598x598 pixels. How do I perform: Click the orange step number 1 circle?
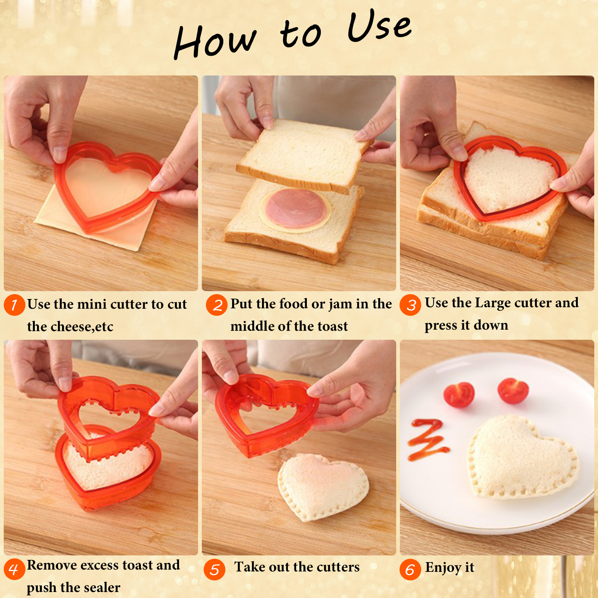15,305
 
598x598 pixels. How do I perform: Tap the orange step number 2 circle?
217,305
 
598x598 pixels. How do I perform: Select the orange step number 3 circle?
410,305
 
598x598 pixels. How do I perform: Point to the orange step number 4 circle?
15,569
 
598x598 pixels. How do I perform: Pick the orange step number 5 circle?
215,570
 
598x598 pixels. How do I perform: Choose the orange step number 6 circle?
410,570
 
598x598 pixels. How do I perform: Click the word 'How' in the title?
216,42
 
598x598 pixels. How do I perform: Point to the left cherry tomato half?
459,394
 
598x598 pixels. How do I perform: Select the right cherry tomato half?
513,391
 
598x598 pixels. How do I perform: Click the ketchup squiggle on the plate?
428,440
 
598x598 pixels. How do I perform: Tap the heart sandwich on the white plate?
523,458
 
